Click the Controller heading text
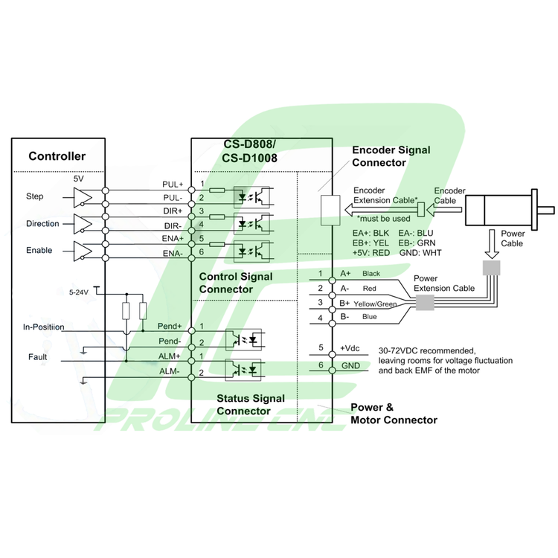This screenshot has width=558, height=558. coord(57,156)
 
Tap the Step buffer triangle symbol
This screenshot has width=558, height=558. coord(82,196)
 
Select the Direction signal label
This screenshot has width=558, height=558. coord(42,224)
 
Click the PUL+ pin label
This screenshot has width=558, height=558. coord(172,184)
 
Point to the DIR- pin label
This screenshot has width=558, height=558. coord(173,225)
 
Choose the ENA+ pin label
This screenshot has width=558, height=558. coord(173,240)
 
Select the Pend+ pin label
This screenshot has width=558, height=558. coord(170,327)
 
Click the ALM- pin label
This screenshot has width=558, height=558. coord(170,371)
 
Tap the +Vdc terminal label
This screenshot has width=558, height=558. coord(350,347)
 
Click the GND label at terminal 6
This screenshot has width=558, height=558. coord(350,365)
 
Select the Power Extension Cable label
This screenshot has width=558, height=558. coord(444,283)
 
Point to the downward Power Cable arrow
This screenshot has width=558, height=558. coord(490,241)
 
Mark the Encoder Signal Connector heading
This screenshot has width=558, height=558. coord(391,156)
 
